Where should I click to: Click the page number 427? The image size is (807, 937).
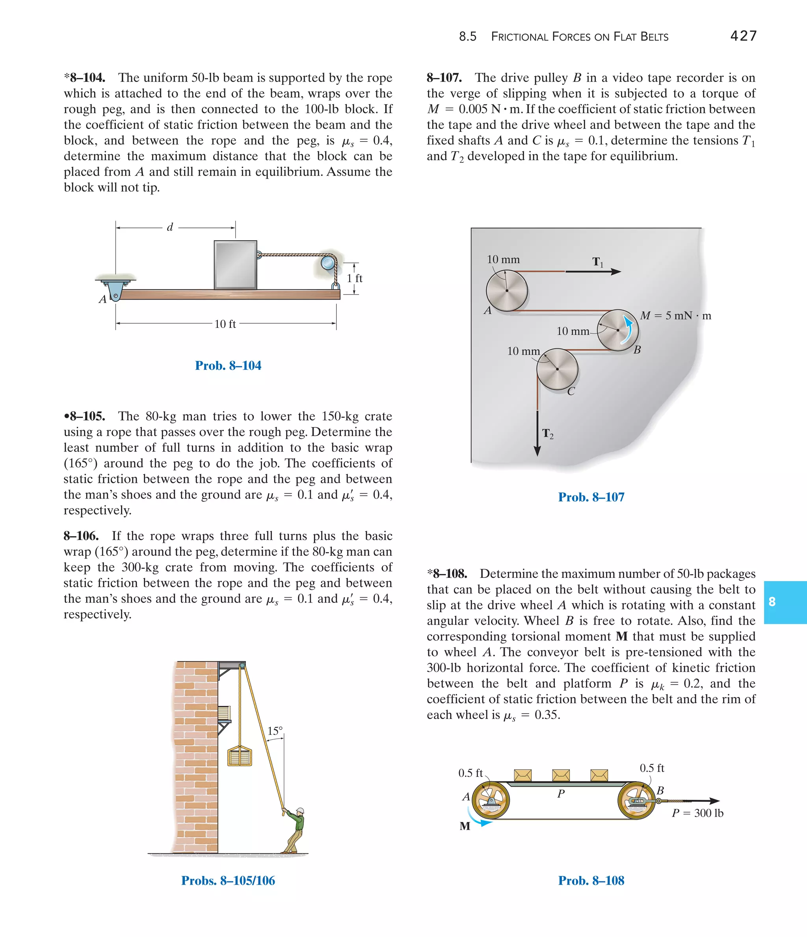pyautogui.click(x=743, y=36)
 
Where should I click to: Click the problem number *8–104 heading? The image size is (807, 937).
pyautogui.click(x=85, y=78)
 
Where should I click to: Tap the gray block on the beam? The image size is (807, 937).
pyautogui.click(x=236, y=265)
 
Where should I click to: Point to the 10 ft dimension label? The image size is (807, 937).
pyautogui.click(x=225, y=324)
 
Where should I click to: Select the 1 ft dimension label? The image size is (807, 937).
pyautogui.click(x=355, y=278)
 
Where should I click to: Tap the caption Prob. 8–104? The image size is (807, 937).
pyautogui.click(x=228, y=365)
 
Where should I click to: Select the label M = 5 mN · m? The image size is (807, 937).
pyautogui.click(x=675, y=316)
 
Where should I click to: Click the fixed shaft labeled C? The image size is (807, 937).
pyautogui.click(x=557, y=369)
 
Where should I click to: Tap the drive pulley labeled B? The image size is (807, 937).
pyautogui.click(x=617, y=330)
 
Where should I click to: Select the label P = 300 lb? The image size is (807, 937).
pyautogui.click(x=697, y=813)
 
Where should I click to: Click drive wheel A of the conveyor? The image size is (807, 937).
pyautogui.click(x=491, y=801)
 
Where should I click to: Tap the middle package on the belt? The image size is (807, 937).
pyautogui.click(x=561, y=775)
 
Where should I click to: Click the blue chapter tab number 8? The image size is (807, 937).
pyautogui.click(x=772, y=602)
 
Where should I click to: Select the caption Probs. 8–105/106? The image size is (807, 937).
pyautogui.click(x=228, y=881)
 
